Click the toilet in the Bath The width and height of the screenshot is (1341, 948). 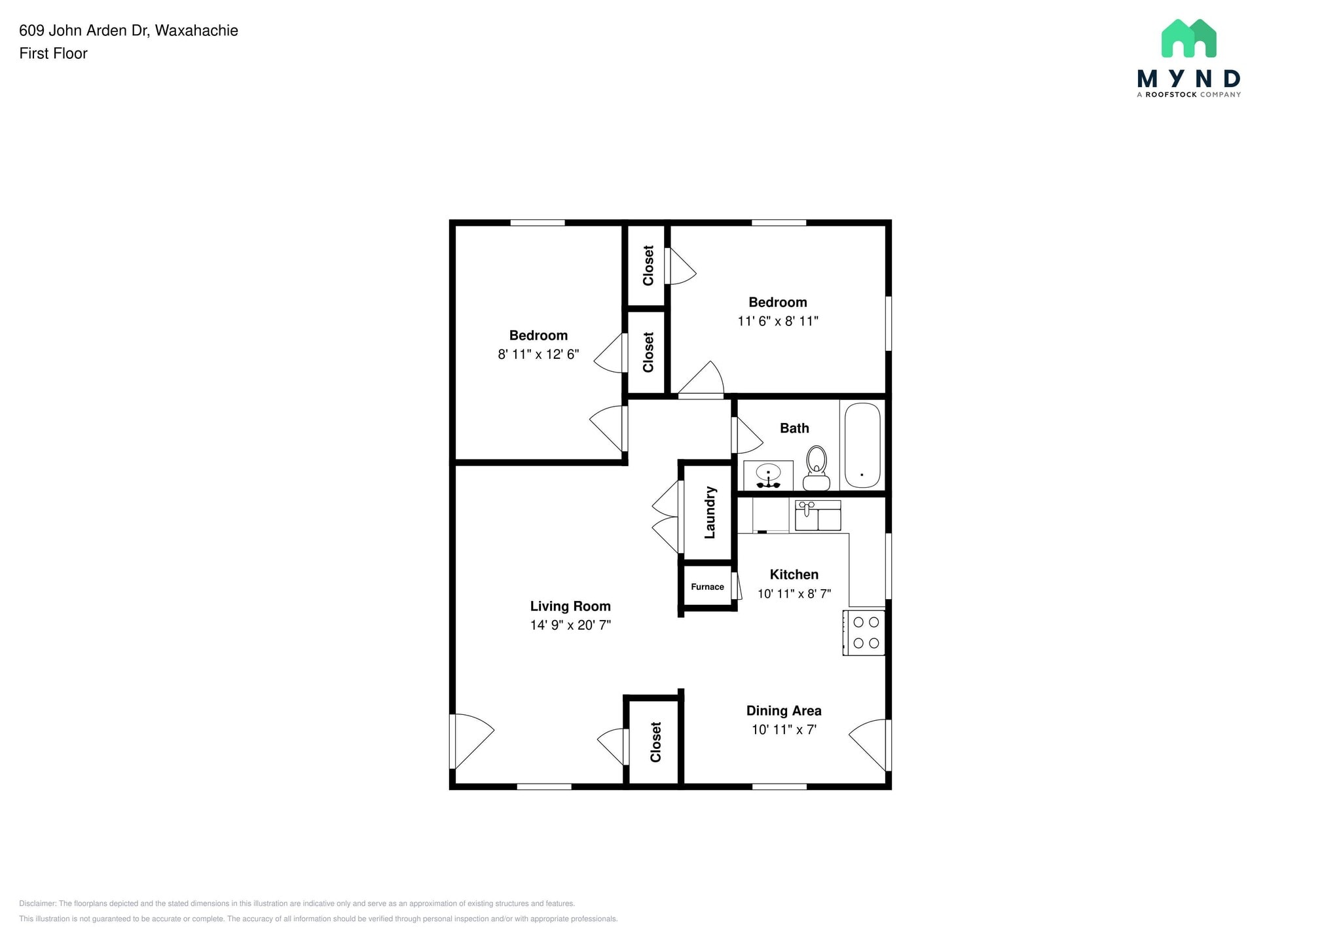[x=816, y=467]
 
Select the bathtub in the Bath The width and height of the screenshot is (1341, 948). [x=862, y=445]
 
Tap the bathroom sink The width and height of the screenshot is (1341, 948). [x=768, y=474]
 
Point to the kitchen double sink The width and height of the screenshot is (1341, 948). [x=818, y=515]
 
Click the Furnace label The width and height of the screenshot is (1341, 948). [x=707, y=587]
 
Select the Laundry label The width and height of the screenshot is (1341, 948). [x=710, y=513]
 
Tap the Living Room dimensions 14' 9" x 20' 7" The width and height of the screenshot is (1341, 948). [x=570, y=625]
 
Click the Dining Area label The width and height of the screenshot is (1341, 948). [x=784, y=710]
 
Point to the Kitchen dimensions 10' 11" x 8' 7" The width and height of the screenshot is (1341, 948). [x=794, y=594]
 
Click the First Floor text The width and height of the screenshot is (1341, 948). [x=53, y=54]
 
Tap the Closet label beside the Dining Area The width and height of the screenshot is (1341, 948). [x=656, y=742]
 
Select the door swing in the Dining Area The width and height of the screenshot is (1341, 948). [x=870, y=743]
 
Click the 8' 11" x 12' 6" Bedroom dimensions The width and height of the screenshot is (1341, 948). [x=538, y=355]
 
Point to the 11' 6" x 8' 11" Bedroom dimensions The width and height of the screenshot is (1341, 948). [x=778, y=321]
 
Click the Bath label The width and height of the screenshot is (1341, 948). [x=794, y=428]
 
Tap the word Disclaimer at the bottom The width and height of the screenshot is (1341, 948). [x=37, y=903]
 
